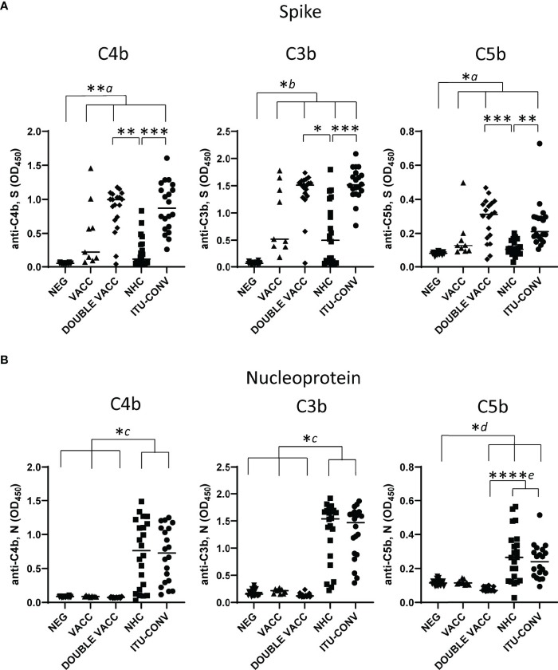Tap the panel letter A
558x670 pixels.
pyautogui.click(x=6, y=6)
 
